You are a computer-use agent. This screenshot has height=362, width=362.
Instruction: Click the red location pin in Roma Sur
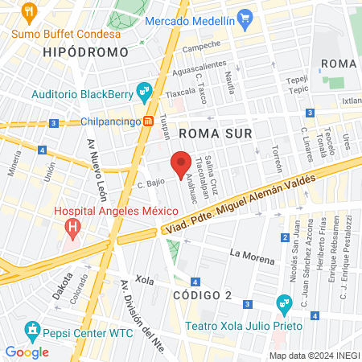(x=182, y=162)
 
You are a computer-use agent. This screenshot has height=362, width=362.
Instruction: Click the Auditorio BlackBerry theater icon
(x=145, y=92)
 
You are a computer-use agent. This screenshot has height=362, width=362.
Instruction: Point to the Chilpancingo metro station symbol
(x=149, y=121)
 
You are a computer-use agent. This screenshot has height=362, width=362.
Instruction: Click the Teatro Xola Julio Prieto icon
(x=283, y=303)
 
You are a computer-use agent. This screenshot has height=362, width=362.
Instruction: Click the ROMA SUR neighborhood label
(x=216, y=133)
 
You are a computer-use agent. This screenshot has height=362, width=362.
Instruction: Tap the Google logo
(x=27, y=352)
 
